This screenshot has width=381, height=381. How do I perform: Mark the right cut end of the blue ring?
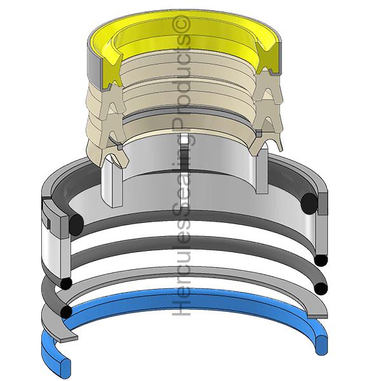click(x=321, y=345)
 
